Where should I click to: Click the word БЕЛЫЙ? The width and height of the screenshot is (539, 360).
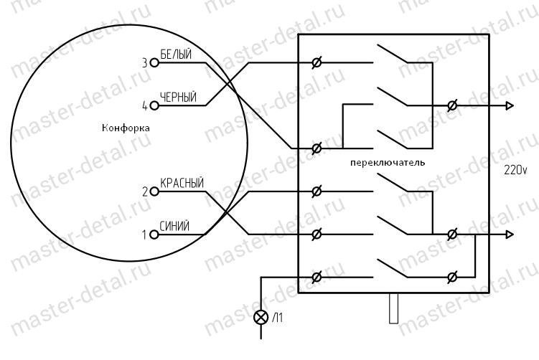176,56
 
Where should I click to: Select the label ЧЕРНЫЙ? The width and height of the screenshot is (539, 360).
178,98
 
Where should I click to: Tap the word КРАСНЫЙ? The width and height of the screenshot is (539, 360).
182,184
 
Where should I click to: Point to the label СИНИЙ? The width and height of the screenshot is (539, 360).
174,227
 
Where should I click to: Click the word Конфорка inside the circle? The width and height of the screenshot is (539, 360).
126,128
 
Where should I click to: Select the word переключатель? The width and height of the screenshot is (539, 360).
387,162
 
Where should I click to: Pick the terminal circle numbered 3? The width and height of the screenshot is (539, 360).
153,63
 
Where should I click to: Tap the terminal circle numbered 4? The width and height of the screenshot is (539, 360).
153,105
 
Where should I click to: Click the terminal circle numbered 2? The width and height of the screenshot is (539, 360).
153,191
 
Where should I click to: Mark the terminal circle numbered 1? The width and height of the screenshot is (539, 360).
153,234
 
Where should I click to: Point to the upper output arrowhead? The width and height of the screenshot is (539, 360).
510,105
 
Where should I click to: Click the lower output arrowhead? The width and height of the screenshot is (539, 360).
510,234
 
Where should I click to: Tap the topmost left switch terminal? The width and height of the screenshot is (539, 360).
317,63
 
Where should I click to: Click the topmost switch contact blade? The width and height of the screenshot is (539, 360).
391,55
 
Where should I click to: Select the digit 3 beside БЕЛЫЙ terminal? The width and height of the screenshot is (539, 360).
144,63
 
